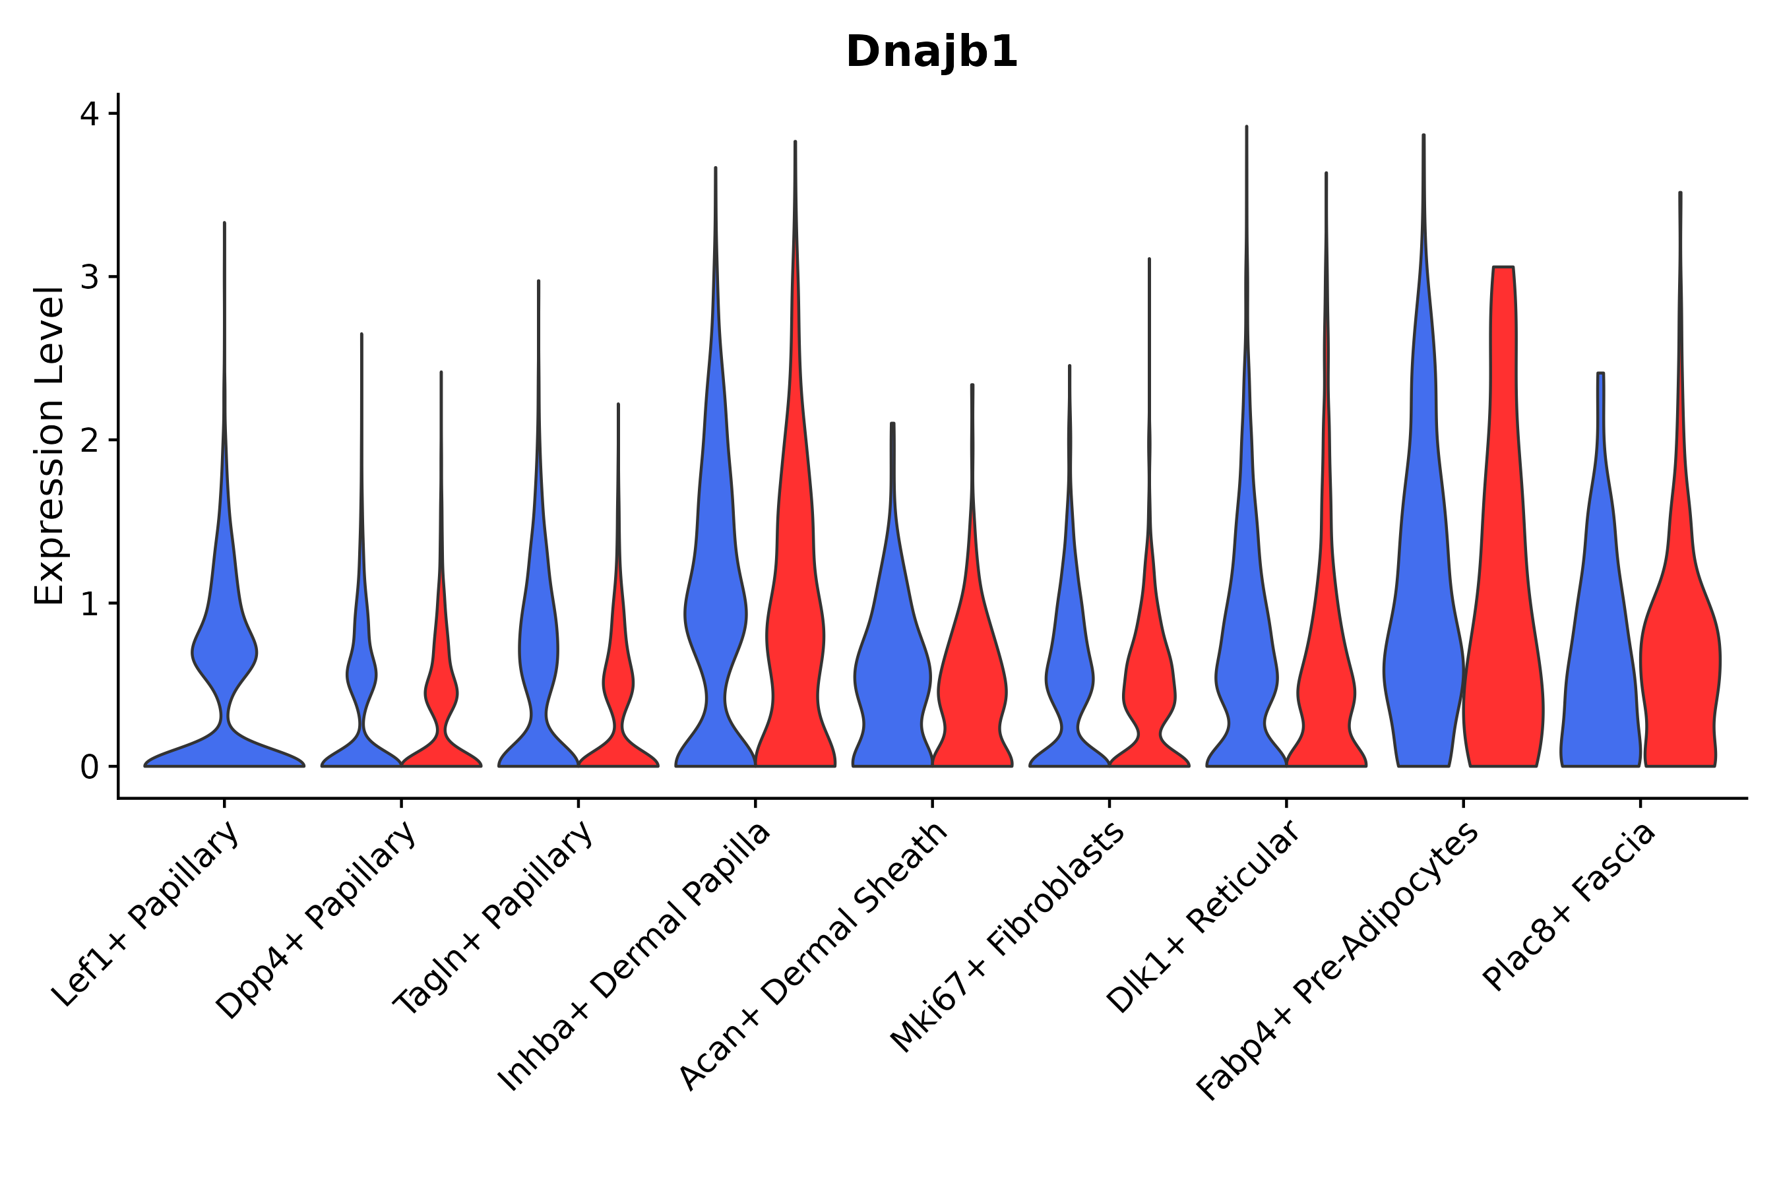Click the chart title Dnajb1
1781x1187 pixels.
tap(931, 52)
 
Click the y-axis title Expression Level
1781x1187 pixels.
tap(49, 446)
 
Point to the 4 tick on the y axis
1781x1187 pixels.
tap(89, 113)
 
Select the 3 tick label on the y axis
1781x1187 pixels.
tap(89, 277)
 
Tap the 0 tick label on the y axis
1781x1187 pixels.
tap(89, 768)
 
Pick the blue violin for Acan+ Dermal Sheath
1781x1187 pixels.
tap(892, 681)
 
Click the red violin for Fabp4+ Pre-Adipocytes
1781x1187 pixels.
tap(1503, 605)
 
